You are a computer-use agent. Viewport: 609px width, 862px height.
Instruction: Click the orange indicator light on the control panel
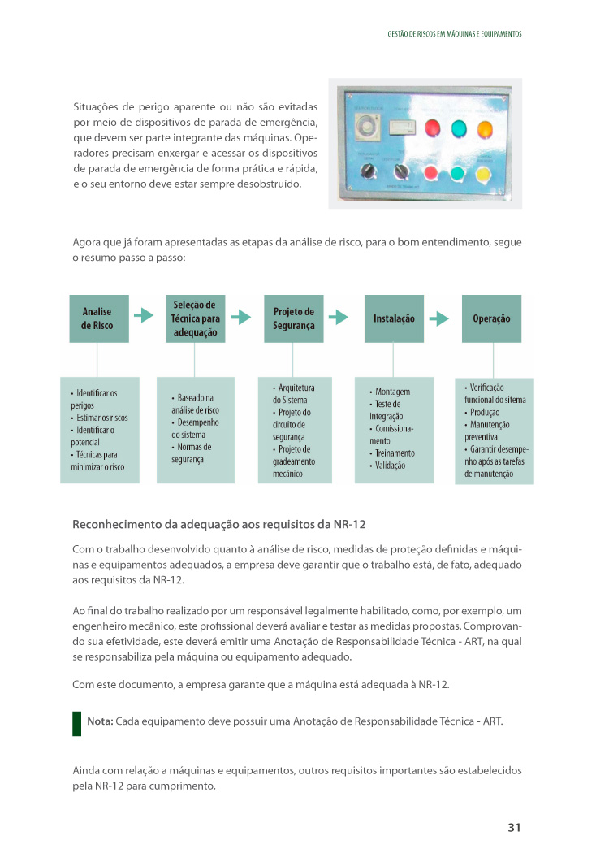tap(485, 128)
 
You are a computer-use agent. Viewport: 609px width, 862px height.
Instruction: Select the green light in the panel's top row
tap(459, 128)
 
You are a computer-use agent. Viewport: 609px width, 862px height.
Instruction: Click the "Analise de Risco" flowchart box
tap(97, 318)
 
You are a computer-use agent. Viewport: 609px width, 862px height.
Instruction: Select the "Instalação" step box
tap(394, 318)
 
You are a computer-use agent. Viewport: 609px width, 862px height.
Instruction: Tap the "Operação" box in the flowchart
tap(491, 318)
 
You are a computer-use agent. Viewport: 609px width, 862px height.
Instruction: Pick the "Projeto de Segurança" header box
tap(294, 318)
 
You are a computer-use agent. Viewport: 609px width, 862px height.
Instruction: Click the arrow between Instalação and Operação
tap(438, 318)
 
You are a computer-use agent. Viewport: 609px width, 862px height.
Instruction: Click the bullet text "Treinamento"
tap(395, 453)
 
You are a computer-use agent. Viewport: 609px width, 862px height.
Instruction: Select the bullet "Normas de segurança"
tap(192, 453)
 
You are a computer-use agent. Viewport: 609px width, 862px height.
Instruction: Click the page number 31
tap(513, 827)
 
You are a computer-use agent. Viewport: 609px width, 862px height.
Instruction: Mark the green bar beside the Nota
tap(77, 722)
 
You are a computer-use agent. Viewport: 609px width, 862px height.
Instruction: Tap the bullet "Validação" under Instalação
tap(390, 466)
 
